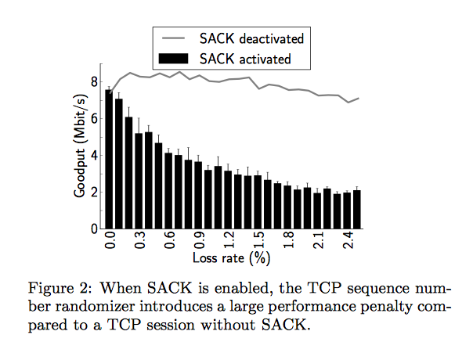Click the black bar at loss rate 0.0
click(109, 159)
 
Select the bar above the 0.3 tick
click(139, 181)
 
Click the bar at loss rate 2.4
click(347, 211)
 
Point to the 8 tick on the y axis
click(95, 82)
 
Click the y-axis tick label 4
click(95, 156)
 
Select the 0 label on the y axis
click(95, 229)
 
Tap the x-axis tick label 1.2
click(229, 240)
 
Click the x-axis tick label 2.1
click(318, 240)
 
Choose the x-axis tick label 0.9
click(200, 240)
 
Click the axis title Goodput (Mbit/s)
click(80, 146)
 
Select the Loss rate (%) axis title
click(231, 258)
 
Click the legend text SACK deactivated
click(251, 39)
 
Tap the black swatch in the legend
click(173, 59)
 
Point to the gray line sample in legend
click(173, 38)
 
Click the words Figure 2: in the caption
click(60, 288)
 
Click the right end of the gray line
click(359, 99)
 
